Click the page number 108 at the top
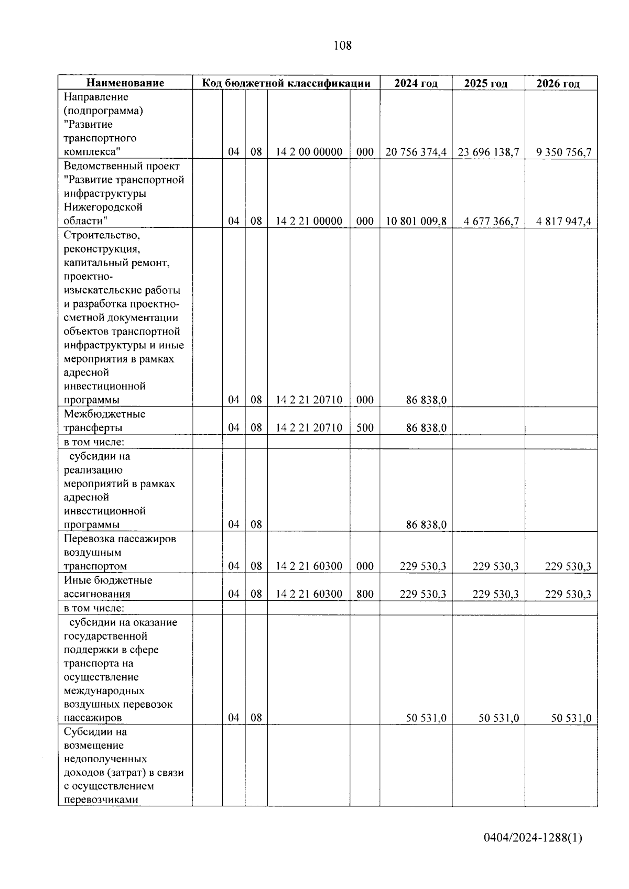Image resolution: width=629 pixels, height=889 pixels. [343, 46]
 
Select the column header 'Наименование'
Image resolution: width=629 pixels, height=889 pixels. [125, 83]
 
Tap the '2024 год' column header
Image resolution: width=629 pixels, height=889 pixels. [416, 83]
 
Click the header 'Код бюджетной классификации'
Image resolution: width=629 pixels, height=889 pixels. [286, 83]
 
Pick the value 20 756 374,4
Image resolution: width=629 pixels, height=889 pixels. [416, 152]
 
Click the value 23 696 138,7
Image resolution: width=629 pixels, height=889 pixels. [488, 152]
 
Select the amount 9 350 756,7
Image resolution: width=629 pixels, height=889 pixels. [563, 152]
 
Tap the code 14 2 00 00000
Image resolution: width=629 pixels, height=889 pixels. [309, 152]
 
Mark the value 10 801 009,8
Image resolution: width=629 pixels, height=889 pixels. [416, 221]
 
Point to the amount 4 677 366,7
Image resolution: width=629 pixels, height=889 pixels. [491, 221]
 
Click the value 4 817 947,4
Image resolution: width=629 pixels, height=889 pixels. [563, 221]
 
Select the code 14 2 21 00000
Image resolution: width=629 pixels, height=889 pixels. [309, 221]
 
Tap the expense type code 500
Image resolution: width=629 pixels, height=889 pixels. [365, 427]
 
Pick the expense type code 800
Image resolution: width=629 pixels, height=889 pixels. [365, 594]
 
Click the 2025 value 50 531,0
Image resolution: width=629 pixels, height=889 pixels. [498, 718]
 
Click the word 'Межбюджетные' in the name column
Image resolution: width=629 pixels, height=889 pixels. [104, 414]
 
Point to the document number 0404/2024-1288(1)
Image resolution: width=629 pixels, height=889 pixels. [533, 838]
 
